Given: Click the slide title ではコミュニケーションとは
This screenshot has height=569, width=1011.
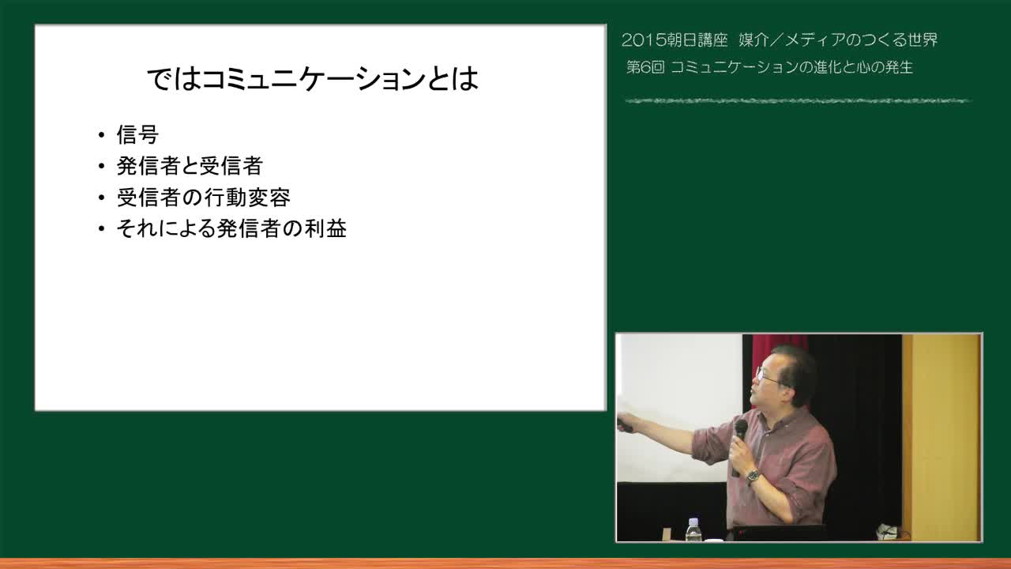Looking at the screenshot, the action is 312,79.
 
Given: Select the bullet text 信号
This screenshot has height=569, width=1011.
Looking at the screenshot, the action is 137,134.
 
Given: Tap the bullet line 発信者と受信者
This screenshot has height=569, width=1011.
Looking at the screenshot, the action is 190,166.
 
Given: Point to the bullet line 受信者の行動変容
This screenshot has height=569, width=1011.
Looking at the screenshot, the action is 203,198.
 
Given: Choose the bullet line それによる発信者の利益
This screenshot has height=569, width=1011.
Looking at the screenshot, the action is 231,228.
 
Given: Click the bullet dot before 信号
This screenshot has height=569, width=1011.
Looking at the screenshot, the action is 102,135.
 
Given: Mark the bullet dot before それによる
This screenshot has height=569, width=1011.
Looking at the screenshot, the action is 102,229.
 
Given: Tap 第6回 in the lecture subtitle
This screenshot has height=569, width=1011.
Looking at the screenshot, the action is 645,67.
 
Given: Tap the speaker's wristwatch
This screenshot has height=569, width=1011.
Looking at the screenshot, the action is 753,477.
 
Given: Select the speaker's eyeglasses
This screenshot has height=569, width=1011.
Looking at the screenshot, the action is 767,376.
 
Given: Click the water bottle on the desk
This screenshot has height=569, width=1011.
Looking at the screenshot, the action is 693,529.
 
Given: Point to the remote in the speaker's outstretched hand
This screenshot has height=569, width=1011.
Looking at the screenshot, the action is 625,424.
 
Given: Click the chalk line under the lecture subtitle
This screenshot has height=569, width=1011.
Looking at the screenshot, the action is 798,100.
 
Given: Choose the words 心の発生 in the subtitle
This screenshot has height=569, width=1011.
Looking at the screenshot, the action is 883,67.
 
